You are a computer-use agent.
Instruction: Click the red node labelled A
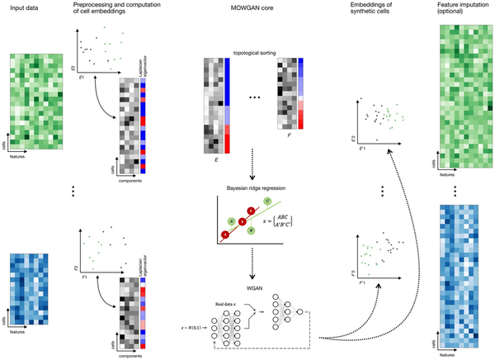pyautogui.click(x=225, y=235)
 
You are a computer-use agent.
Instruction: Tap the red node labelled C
pyautogui.click(x=252, y=211)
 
